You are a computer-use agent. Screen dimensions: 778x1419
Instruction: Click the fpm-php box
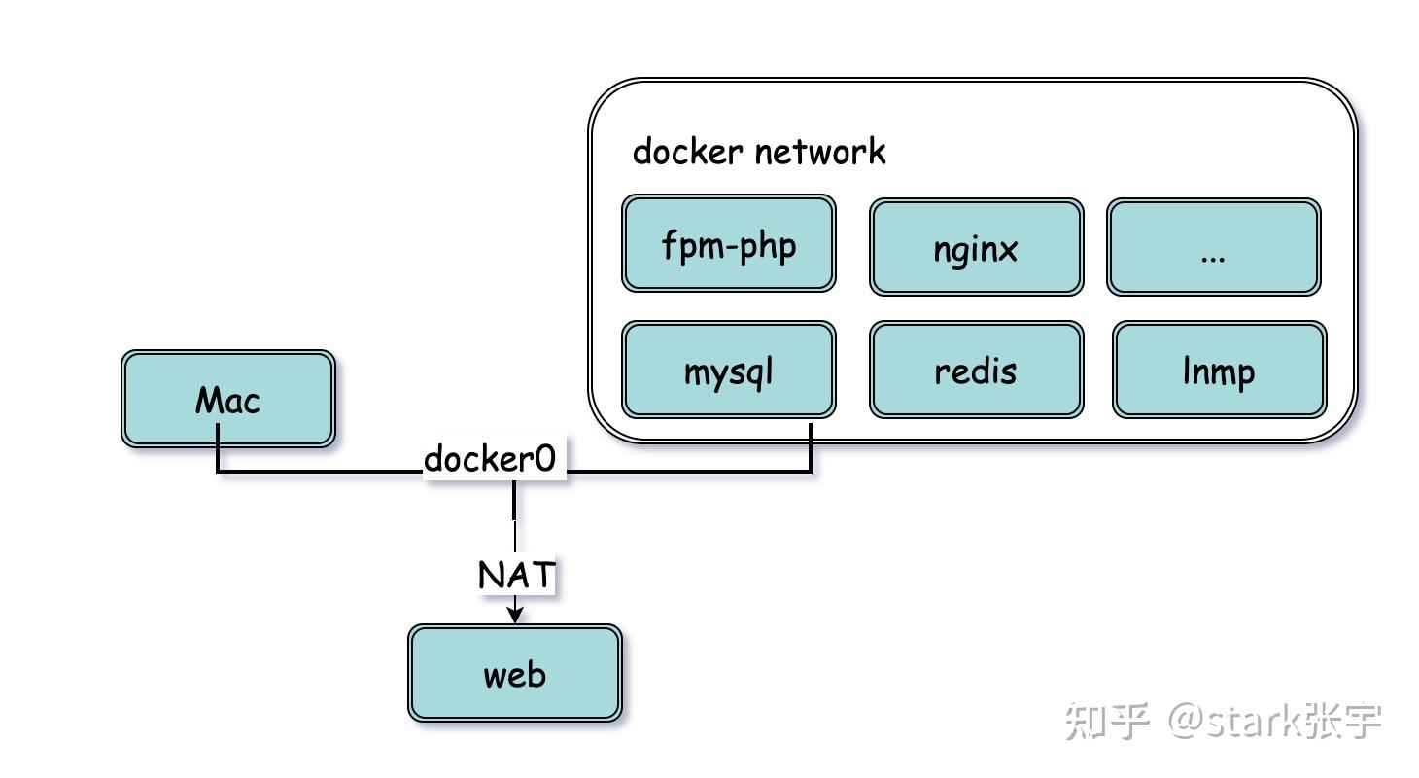tap(729, 244)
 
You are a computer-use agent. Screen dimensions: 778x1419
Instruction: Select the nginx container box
tap(976, 248)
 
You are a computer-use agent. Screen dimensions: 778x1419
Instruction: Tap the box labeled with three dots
tap(1213, 248)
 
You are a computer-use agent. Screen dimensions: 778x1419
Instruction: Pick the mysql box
tap(729, 371)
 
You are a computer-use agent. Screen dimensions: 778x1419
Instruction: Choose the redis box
tap(976, 371)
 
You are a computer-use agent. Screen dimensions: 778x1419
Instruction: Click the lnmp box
tap(1219, 371)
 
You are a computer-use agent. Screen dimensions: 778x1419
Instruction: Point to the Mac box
tap(228, 400)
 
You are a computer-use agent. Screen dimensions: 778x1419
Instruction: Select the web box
tap(514, 673)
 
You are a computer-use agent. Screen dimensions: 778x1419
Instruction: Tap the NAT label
tap(516, 575)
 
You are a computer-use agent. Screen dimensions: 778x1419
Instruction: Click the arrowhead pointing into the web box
tap(515, 615)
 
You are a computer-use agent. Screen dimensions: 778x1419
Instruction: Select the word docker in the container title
tap(688, 152)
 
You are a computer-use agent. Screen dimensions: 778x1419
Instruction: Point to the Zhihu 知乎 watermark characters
tap(1107, 721)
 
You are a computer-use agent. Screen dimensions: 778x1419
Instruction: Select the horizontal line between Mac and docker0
tap(321, 473)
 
